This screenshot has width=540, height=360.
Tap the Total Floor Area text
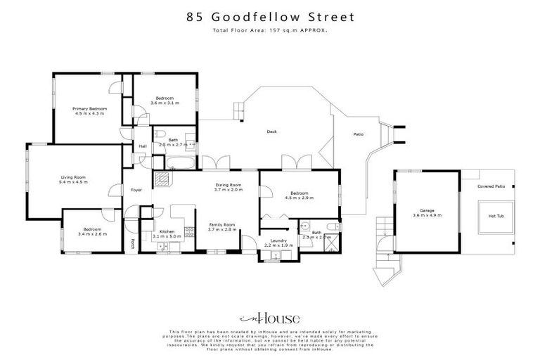270,30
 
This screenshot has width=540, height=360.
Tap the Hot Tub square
491,217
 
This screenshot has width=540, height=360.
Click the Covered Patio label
491,186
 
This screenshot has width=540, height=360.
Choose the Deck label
271,131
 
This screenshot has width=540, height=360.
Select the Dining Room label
229,185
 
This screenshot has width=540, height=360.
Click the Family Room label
221,225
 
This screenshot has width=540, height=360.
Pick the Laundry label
278,240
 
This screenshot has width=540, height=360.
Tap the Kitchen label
167,232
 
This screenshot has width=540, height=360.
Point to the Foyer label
136,189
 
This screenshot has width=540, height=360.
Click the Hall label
143,146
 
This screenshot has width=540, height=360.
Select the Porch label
133,244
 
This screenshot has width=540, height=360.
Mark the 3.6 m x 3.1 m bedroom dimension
165,103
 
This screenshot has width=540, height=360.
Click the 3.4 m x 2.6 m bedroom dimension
92,233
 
